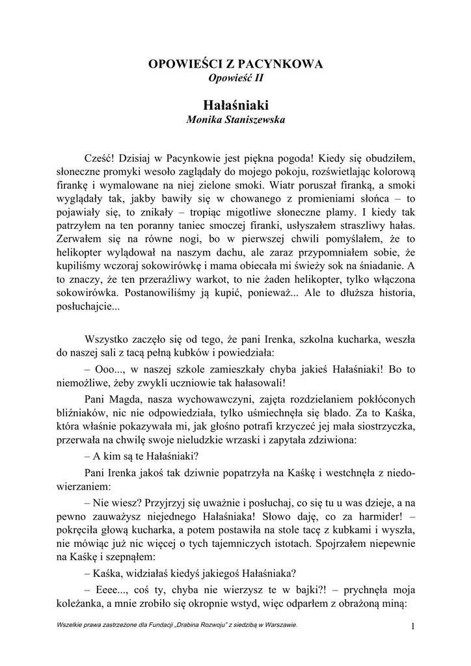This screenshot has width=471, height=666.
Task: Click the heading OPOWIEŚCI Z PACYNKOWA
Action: (x=235, y=64)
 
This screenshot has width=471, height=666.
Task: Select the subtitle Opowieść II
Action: (x=235, y=78)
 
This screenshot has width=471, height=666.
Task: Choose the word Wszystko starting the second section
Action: (x=108, y=339)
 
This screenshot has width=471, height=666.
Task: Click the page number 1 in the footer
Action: (x=412, y=626)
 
